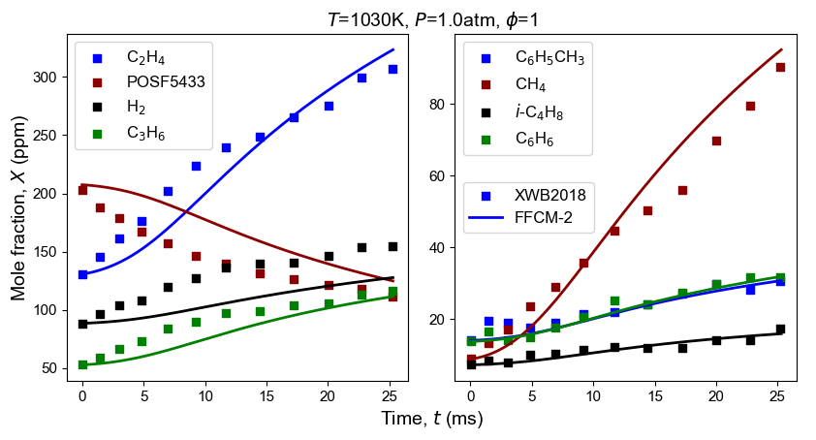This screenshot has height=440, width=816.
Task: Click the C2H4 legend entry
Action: click(145, 57)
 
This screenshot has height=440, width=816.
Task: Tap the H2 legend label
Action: click(138, 109)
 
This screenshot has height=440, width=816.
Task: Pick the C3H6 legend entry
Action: click(145, 135)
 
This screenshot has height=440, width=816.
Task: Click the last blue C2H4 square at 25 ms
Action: click(392, 69)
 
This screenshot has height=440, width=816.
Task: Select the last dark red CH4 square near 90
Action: click(780, 67)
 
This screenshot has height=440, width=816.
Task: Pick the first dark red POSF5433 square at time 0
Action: click(82, 190)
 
